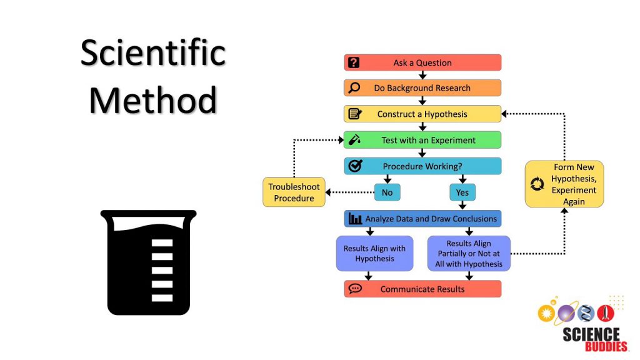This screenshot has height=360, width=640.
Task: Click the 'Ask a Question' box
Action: (x=422, y=62)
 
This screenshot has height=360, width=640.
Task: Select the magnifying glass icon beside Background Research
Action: (x=354, y=88)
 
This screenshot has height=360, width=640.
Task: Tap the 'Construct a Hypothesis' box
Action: (x=422, y=114)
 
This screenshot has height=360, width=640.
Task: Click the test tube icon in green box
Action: (x=354, y=140)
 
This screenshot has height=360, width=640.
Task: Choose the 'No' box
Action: (x=387, y=192)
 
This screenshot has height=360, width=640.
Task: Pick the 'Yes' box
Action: (x=462, y=192)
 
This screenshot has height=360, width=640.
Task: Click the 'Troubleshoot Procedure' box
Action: (x=294, y=192)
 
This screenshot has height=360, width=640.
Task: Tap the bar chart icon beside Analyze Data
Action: (x=355, y=219)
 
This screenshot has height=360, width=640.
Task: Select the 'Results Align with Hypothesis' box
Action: (x=374, y=253)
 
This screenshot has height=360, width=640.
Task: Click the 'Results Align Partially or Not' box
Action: (x=469, y=253)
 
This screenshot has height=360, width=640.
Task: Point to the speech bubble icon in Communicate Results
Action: (x=355, y=289)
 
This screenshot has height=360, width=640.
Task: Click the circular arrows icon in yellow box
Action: (x=537, y=184)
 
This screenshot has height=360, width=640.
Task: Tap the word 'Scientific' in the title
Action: (x=153, y=52)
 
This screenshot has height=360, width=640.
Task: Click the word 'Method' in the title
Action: (x=153, y=100)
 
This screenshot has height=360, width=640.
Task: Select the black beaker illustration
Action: (x=149, y=262)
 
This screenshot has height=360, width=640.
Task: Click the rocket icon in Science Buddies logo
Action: (x=604, y=313)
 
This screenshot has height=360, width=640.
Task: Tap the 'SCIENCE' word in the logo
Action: (x=591, y=334)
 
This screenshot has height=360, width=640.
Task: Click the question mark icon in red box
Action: (x=354, y=62)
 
